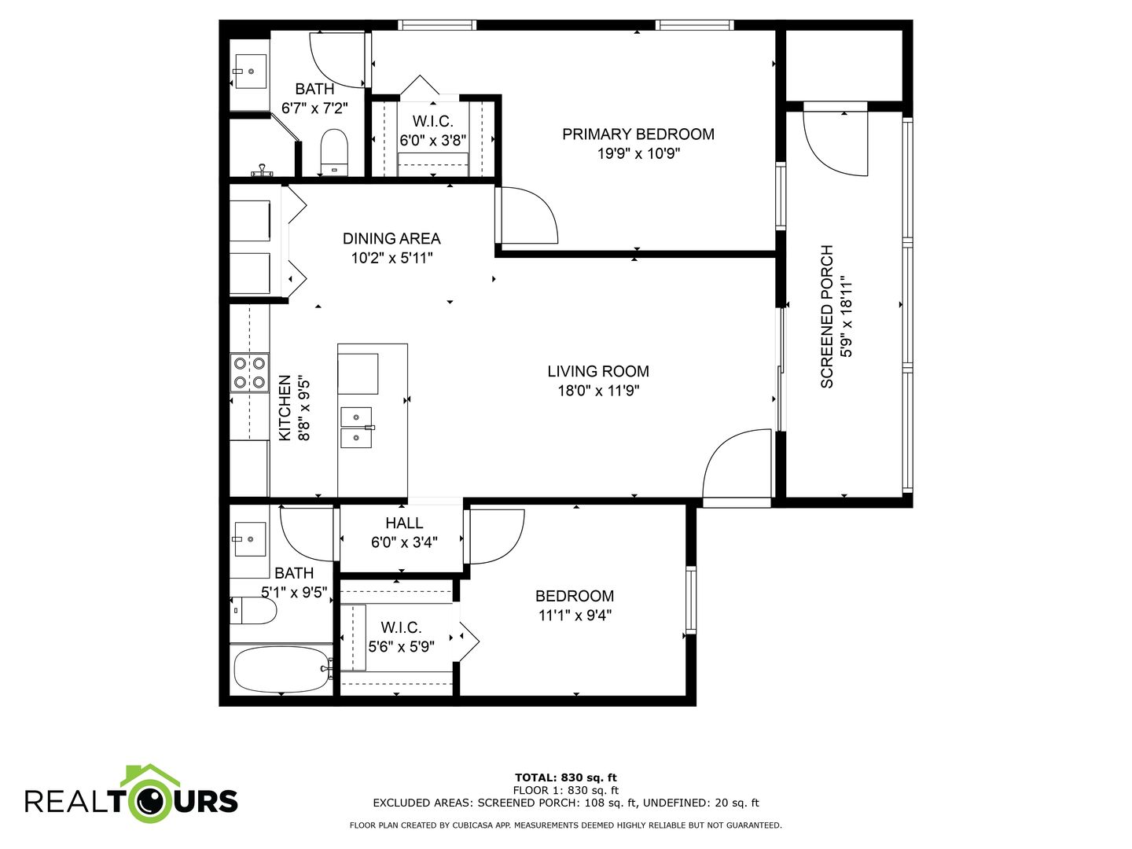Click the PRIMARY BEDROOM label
click(x=638, y=134)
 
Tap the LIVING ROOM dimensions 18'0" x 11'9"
click(x=598, y=391)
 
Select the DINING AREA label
click(x=391, y=239)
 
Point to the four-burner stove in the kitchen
click(x=250, y=373)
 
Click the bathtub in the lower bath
click(x=281, y=670)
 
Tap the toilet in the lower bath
click(x=252, y=611)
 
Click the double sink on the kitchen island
click(x=356, y=428)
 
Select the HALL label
click(x=404, y=524)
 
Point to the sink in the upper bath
click(x=250, y=71)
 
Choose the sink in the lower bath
click(x=250, y=539)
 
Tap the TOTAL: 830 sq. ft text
click(x=566, y=777)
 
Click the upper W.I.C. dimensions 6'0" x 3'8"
click(x=433, y=141)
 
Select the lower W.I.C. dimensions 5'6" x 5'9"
click(x=401, y=646)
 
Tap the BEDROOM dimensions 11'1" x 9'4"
click(x=575, y=615)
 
